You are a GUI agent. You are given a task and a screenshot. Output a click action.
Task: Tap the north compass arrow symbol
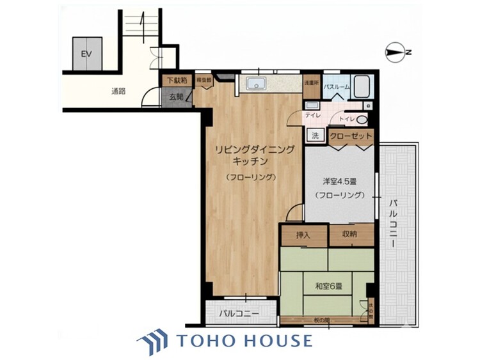(396, 52)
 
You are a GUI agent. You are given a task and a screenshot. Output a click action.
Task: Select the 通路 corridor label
(118, 91)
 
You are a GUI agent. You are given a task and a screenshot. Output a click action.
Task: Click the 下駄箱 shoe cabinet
(176, 81)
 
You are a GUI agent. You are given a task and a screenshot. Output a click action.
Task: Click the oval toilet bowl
(362, 120)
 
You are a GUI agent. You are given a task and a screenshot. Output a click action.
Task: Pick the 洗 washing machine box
(314, 135)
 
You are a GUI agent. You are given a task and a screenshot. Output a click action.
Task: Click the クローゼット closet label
(351, 136)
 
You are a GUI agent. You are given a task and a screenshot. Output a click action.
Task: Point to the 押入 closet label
(303, 235)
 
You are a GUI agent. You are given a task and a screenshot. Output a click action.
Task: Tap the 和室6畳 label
(327, 286)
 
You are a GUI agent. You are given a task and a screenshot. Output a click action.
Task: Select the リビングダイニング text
(254, 149)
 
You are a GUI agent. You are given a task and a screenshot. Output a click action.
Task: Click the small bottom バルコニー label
(239, 314)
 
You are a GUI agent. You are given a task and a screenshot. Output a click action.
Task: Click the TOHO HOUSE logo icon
(152, 340)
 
